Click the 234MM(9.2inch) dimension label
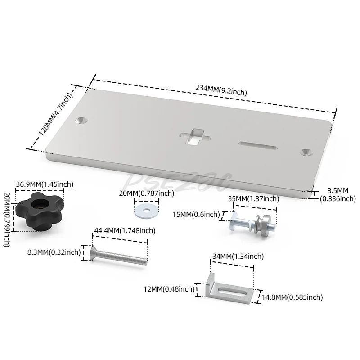pyautogui.click(x=221, y=90)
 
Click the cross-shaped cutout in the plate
pyautogui.click(x=195, y=137)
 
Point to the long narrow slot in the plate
pyautogui.click(x=257, y=145)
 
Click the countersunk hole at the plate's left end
pyautogui.click(x=81, y=120)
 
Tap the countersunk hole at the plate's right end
pyautogui.click(x=307, y=152)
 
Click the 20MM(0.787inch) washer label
pyautogui.click(x=147, y=193)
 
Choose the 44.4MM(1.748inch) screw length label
pyautogui.click(x=125, y=231)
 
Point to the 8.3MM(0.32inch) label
pyautogui.click(x=54, y=252)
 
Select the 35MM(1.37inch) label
pyautogui.click(x=253, y=198)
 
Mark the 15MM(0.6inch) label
pyautogui.click(x=196, y=215)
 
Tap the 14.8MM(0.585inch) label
pyautogui.click(x=292, y=297)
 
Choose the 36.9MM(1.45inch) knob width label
pyautogui.click(x=45, y=184)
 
